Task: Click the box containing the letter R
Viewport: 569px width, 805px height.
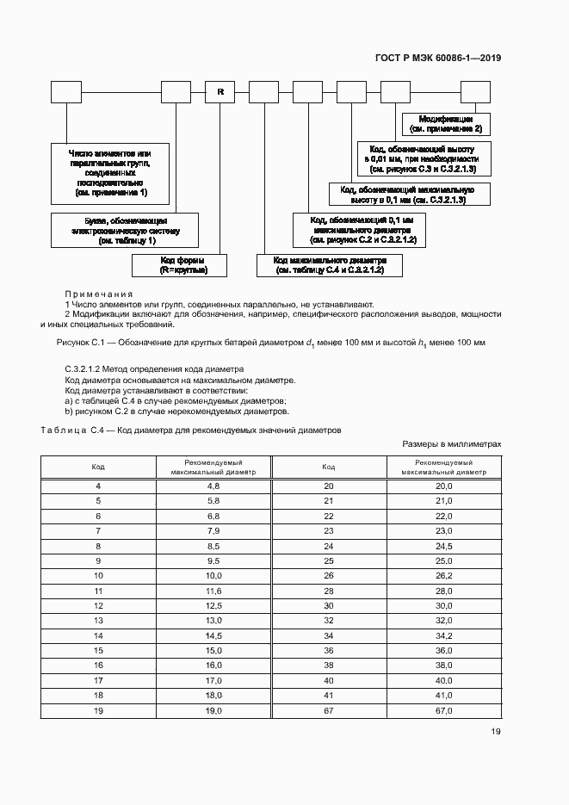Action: [x=220, y=91]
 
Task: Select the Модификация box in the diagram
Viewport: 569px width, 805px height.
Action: [x=446, y=123]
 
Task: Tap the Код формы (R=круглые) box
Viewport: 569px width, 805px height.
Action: [x=181, y=264]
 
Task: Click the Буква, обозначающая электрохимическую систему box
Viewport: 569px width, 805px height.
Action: [x=127, y=231]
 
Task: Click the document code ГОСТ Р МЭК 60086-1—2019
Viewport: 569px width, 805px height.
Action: [x=439, y=59]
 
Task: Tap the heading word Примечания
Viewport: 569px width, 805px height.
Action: [x=98, y=294]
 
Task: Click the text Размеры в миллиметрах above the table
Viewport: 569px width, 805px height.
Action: [x=451, y=444]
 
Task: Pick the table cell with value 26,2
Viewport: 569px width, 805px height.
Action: [x=443, y=574]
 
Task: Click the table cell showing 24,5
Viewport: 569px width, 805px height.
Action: [x=443, y=546]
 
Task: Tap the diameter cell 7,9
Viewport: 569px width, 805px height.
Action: [x=213, y=530]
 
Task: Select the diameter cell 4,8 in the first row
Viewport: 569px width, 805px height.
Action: [x=213, y=486]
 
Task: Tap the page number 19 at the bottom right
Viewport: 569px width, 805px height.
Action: [x=495, y=732]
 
